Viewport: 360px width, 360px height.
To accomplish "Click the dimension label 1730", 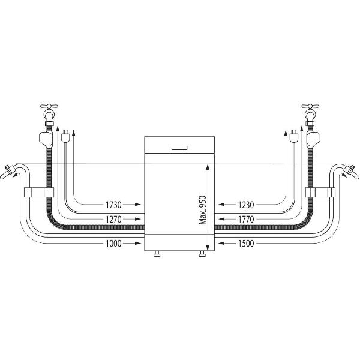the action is [x=113, y=205].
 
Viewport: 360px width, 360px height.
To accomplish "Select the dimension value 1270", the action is [x=113, y=219].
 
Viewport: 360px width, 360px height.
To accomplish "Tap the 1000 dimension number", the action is [x=113, y=243].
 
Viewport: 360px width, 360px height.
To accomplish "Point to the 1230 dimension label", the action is [x=246, y=205].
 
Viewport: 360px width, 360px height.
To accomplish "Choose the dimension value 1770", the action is [x=246, y=219].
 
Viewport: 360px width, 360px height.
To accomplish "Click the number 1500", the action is [x=246, y=243].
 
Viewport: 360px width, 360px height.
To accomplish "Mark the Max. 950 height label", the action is [x=203, y=210].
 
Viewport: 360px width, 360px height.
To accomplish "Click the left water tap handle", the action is [x=49, y=106].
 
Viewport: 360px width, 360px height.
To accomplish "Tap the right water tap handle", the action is [x=310, y=106].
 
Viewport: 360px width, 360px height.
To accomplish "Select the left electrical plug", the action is [x=65, y=136].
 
